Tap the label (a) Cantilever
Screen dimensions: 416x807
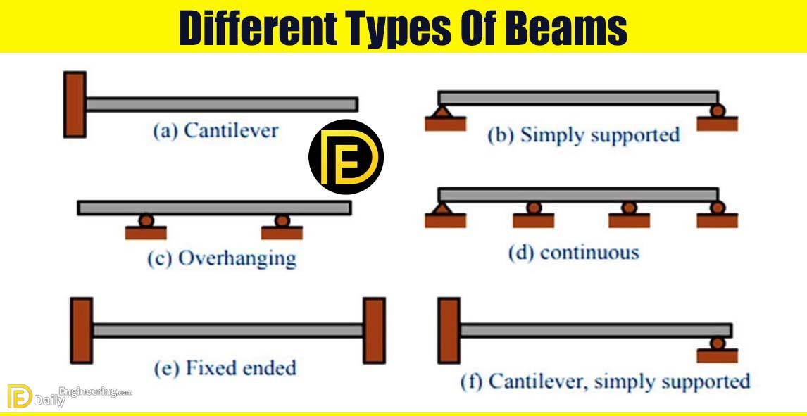click(x=215, y=130)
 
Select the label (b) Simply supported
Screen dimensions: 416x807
click(x=584, y=135)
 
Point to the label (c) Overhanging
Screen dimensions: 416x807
click(x=221, y=258)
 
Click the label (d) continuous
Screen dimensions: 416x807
click(x=573, y=252)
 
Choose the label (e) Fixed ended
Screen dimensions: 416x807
click(x=225, y=367)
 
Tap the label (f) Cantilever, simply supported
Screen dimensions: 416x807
click(x=605, y=382)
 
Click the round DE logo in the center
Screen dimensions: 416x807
click(x=345, y=157)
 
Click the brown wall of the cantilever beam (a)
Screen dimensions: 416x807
click(x=75, y=103)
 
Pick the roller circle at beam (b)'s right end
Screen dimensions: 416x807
click(x=717, y=111)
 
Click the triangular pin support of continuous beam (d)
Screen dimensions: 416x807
click(x=441, y=208)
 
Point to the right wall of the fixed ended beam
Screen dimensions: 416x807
click(x=373, y=330)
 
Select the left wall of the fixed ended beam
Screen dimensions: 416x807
click(x=81, y=330)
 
